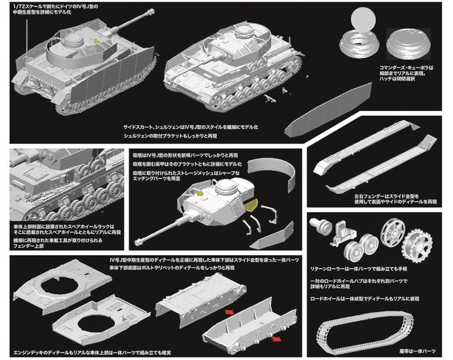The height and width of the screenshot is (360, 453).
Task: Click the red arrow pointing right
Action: [276, 339]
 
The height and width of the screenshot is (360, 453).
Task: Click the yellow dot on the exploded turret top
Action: [200, 193]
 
